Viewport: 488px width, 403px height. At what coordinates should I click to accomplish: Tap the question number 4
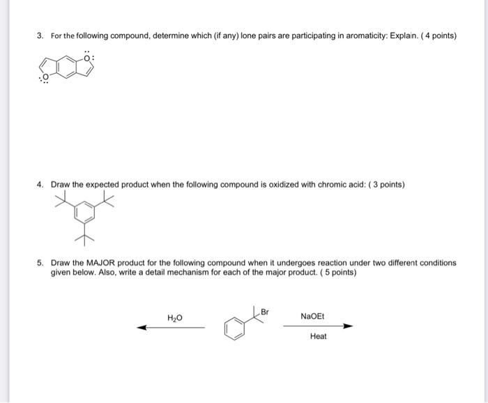[40, 185]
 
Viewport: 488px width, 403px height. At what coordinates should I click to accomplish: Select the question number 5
[40, 263]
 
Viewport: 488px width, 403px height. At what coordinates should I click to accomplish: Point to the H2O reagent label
[175, 318]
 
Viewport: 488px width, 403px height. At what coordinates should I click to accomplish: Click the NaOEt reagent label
[312, 317]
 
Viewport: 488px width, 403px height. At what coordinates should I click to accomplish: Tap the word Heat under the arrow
[318, 337]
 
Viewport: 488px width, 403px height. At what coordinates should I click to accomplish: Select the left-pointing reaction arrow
[170, 328]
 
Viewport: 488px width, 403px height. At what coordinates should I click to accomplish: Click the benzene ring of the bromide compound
[236, 328]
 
